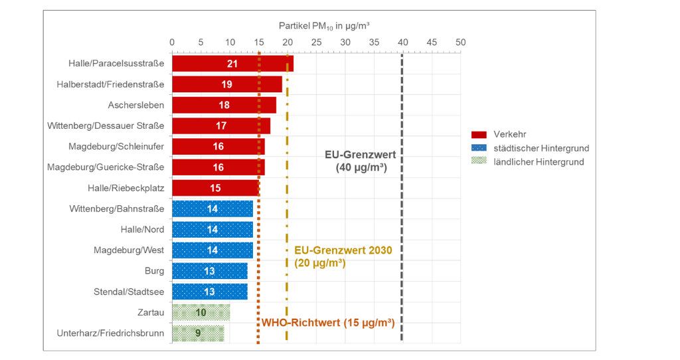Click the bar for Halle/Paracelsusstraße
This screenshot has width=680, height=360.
click(232, 64)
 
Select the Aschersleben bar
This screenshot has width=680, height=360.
click(224, 105)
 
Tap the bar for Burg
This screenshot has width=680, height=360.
click(209, 271)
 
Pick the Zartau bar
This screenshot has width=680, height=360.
click(201, 312)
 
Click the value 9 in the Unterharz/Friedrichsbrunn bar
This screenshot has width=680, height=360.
click(198, 333)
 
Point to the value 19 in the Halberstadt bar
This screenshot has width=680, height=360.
click(227, 84)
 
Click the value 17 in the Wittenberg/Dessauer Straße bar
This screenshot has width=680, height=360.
click(221, 126)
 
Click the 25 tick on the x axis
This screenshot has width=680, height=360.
click(316, 43)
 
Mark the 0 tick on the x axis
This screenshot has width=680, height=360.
click(172, 43)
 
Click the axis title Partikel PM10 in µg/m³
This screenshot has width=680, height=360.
click(323, 26)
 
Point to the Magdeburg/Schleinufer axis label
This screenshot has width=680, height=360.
click(116, 146)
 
